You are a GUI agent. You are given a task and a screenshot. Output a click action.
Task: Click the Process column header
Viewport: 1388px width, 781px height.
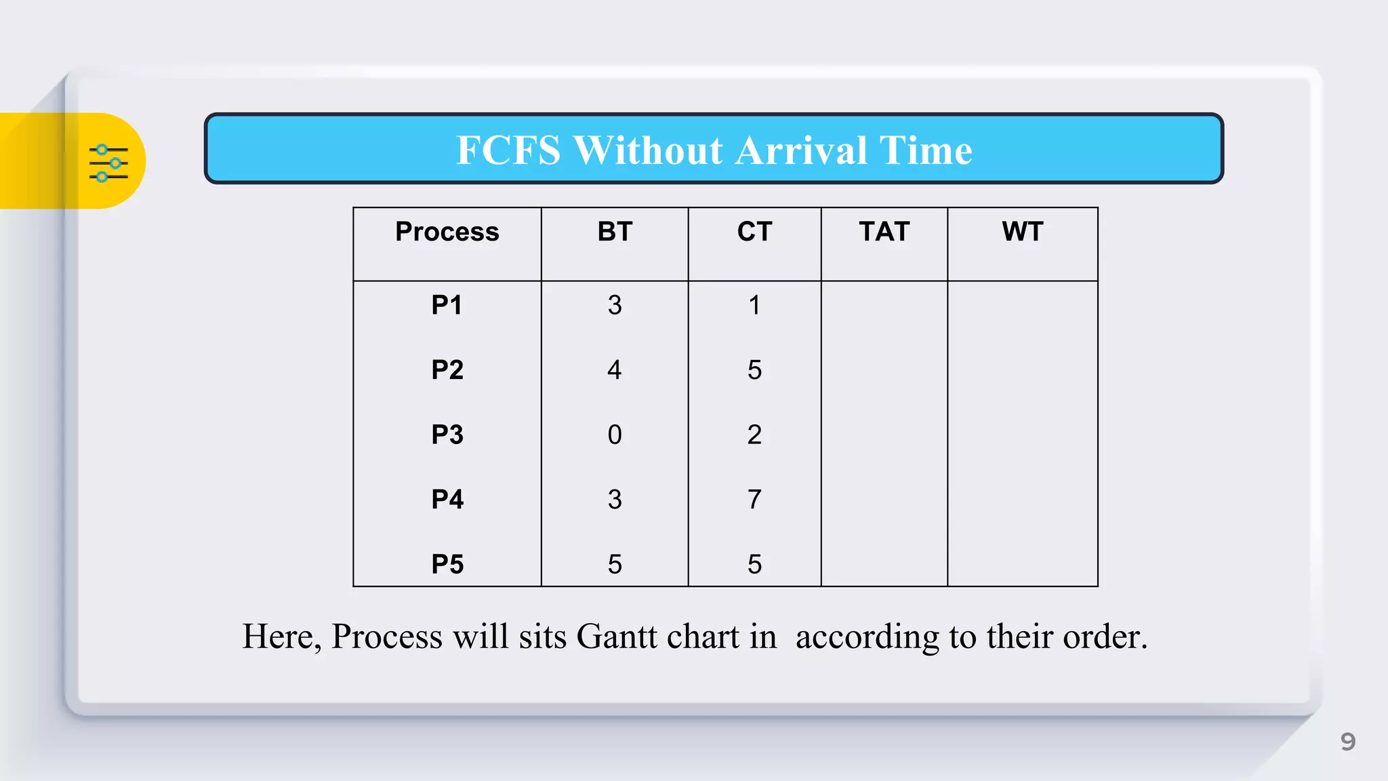[447, 232]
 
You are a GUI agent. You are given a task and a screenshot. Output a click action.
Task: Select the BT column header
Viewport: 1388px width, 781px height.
[615, 232]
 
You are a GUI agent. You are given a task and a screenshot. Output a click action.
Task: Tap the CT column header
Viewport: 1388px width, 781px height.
[754, 232]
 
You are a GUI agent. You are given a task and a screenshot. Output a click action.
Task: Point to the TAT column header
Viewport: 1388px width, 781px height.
[884, 232]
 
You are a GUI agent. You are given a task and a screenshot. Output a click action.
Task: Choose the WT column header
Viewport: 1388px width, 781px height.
[1022, 232]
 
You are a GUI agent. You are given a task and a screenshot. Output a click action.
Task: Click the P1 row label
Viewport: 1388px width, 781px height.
[447, 305]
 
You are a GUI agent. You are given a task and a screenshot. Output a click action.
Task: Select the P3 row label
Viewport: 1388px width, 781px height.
[447, 435]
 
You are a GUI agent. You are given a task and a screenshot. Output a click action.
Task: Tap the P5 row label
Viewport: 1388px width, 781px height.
[447, 564]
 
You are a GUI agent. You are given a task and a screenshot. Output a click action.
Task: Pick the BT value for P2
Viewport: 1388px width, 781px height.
[615, 370]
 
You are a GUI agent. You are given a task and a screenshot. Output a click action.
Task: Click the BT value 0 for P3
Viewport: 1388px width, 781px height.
[615, 435]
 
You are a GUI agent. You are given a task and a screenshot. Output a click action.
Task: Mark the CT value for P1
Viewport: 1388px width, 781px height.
[754, 305]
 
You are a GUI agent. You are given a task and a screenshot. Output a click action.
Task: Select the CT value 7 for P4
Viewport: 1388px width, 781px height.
[754, 500]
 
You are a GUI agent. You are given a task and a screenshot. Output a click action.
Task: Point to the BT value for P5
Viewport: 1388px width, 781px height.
[615, 564]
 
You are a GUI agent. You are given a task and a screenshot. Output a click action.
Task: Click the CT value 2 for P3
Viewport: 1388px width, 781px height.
[754, 435]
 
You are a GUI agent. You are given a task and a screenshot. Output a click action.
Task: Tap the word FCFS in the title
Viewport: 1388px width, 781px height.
[508, 150]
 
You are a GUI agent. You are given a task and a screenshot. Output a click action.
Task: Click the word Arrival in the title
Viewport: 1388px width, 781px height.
[800, 150]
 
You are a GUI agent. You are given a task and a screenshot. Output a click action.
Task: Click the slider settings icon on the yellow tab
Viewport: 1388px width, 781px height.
[108, 163]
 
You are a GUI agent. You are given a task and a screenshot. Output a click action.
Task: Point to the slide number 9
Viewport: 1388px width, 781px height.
[1348, 742]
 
